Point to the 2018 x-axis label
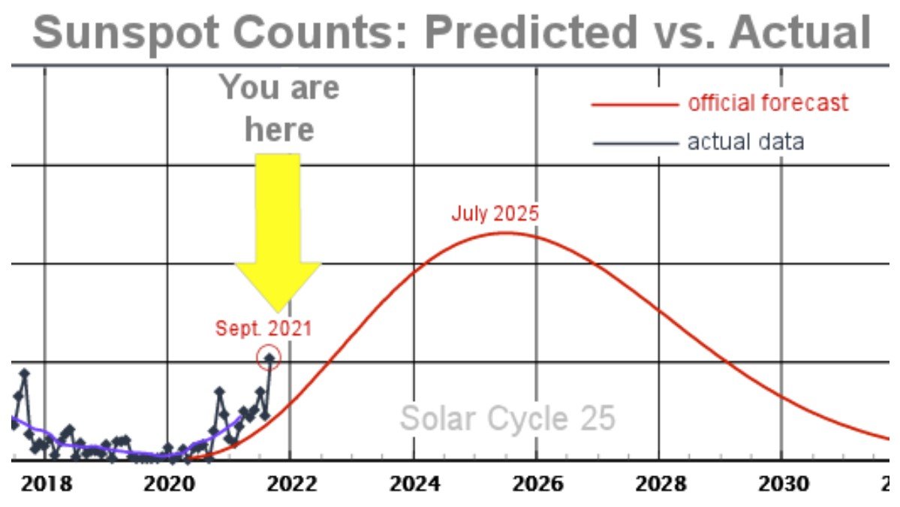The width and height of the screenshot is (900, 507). point(47,483)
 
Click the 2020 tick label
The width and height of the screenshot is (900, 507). point(168,483)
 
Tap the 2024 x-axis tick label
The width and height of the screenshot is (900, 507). point(414,483)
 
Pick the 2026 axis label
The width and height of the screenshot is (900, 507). point(536,483)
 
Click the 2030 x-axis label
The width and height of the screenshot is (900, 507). point(781,483)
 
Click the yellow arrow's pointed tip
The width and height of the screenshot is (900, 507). point(278,310)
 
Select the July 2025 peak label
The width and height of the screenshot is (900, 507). point(495,213)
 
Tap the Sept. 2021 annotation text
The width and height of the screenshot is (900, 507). point(263,328)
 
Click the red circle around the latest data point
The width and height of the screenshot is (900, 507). point(269,358)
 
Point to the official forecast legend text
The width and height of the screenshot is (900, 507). point(768,103)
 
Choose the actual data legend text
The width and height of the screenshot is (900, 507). point(745,141)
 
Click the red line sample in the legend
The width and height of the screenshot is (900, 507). point(634,104)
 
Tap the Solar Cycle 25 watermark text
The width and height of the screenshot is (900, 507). point(507,418)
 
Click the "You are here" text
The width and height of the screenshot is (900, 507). point(279,109)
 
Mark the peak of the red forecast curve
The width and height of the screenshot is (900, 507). point(504,232)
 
